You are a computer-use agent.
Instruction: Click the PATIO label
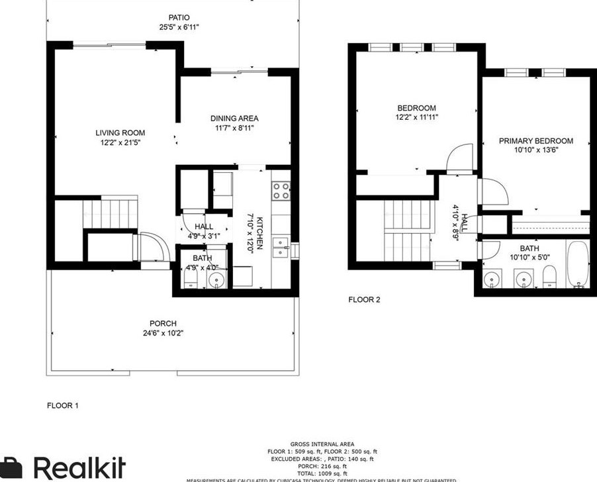(x=179, y=17)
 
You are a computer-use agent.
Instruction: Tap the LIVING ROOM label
(x=120, y=133)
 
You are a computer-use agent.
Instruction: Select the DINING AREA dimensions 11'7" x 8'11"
(x=234, y=128)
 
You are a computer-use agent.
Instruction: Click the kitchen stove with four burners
(x=281, y=191)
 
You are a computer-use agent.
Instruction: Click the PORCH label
(x=163, y=324)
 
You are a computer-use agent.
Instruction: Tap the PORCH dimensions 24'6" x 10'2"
(x=163, y=333)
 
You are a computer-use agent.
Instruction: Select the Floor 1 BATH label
(x=202, y=258)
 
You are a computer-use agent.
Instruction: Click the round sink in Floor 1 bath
(x=216, y=281)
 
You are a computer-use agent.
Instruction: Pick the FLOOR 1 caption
(x=63, y=405)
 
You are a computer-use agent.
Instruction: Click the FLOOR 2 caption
(x=365, y=299)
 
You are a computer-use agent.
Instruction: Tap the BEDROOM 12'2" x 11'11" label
(x=416, y=109)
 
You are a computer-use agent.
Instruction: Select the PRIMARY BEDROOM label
(x=535, y=141)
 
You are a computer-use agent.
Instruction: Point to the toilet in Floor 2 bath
(x=549, y=278)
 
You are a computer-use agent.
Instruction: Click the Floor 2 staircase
(x=407, y=232)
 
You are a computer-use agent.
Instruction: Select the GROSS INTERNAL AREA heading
(x=322, y=444)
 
